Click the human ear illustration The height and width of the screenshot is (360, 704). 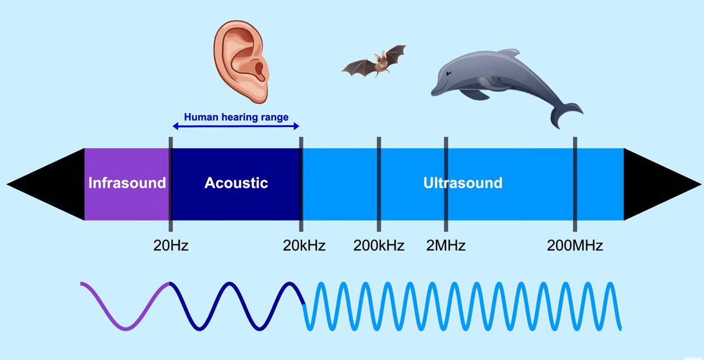click(x=241, y=62)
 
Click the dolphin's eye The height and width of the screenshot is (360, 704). click(x=448, y=74)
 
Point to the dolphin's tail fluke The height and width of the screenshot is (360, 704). click(x=566, y=115)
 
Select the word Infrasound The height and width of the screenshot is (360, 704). click(x=127, y=183)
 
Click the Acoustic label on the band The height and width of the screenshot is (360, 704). click(x=236, y=183)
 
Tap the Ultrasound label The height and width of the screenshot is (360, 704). click(x=463, y=183)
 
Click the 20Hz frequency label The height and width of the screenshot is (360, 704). click(x=170, y=245)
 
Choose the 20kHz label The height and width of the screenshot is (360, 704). click(x=304, y=245)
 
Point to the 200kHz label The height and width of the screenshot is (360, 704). click(x=379, y=245)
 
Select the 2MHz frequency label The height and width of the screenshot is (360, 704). click(x=446, y=245)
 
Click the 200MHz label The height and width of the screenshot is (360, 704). click(x=575, y=245)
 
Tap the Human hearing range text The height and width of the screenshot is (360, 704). click(x=236, y=117)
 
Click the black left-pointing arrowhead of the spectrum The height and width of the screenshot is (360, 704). click(x=46, y=185)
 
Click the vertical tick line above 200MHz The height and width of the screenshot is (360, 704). click(x=575, y=185)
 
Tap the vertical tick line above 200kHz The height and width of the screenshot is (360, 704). click(x=379, y=185)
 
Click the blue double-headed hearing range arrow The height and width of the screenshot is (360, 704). click(x=236, y=126)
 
